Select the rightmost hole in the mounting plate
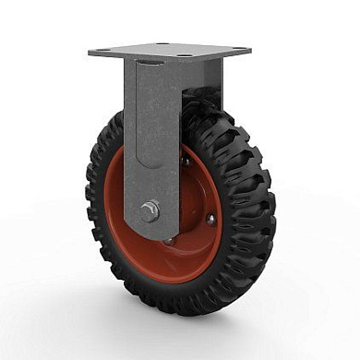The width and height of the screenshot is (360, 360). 238,51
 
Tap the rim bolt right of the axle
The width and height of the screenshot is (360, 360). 210,219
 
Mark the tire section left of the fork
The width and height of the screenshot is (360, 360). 103,212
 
